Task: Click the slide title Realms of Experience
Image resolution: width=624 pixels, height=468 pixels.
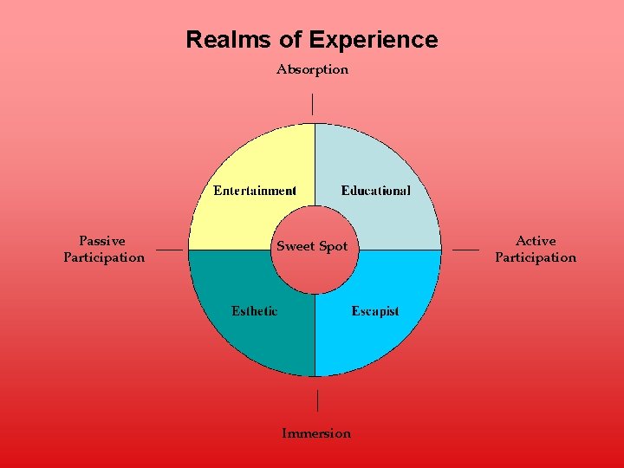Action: tap(312, 40)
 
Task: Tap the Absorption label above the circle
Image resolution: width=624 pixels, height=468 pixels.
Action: tap(312, 69)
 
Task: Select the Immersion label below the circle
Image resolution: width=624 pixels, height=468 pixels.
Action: tap(316, 433)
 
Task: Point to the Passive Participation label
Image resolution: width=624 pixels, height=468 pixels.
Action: tap(103, 249)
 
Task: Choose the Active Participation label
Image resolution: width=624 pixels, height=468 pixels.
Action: tap(535, 249)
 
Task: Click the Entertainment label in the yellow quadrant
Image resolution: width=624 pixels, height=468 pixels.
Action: tap(255, 191)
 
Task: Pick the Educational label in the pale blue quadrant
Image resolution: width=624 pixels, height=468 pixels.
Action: tap(376, 191)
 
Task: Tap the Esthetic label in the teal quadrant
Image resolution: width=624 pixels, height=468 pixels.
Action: tap(254, 311)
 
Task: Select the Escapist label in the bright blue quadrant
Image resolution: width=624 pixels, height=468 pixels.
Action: tap(375, 311)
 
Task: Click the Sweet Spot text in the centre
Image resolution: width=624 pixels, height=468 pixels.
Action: tap(312, 247)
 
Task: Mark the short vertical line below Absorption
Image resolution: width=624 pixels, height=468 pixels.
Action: tap(312, 104)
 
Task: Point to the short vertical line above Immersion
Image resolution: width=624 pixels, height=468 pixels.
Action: tap(317, 400)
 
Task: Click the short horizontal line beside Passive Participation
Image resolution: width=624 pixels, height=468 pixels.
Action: tap(170, 250)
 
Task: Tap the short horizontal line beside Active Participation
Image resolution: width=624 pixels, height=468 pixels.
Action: tap(465, 250)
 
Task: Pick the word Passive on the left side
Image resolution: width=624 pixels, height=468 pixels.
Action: tap(102, 241)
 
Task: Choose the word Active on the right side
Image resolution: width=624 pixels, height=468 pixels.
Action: tap(536, 241)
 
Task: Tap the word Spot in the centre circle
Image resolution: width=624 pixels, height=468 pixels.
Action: tap(333, 247)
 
